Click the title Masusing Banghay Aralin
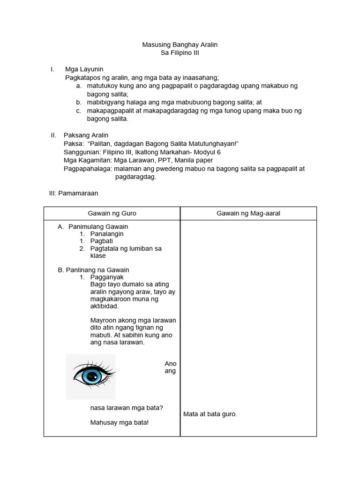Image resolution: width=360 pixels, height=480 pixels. click(180, 45)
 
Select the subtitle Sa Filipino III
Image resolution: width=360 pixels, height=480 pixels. click(180, 53)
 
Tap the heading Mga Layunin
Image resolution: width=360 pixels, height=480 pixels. click(84, 69)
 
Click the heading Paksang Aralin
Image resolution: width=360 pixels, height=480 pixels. click(86, 135)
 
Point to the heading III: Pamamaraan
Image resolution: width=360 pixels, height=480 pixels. click(74, 193)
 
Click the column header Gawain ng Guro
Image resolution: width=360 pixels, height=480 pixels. click(112, 213)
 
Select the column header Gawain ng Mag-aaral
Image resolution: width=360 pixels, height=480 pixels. click(248, 213)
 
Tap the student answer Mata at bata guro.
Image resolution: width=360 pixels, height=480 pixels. click(210, 414)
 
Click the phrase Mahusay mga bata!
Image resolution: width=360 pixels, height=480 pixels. click(119, 423)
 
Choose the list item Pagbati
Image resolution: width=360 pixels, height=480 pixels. click(101, 241)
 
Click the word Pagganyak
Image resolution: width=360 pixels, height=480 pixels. click(106, 277)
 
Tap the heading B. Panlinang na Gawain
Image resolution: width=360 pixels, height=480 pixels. click(93, 270)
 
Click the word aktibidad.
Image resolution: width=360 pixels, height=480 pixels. click(104, 306)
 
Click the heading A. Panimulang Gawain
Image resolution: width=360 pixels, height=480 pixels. click(93, 226)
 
